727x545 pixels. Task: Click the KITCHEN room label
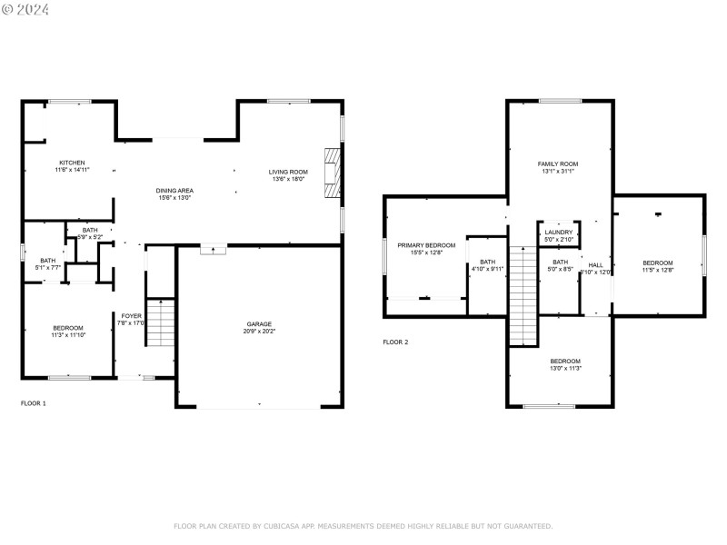(x=72, y=163)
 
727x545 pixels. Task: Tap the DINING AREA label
(x=175, y=190)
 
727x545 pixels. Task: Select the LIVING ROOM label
(x=288, y=172)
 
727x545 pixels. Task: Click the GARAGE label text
(x=259, y=324)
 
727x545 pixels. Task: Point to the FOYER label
(x=132, y=315)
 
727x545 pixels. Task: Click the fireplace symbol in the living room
(x=334, y=172)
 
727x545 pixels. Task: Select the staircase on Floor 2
(x=523, y=296)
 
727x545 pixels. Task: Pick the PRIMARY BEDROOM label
(x=426, y=245)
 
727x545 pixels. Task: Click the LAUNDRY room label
(x=559, y=233)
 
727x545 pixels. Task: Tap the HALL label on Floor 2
(x=597, y=264)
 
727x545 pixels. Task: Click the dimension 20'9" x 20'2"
(x=259, y=332)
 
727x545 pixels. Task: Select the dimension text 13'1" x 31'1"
(x=558, y=171)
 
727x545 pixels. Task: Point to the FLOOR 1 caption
(x=34, y=402)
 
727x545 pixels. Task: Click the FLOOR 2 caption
(x=395, y=342)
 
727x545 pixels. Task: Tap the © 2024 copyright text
(x=26, y=9)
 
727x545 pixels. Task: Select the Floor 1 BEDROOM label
(x=68, y=328)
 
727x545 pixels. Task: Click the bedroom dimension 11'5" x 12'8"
(x=658, y=270)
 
